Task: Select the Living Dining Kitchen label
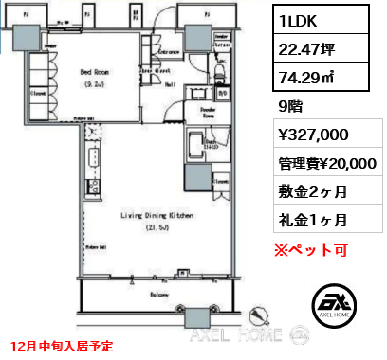click(x=144, y=216)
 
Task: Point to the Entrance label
click(x=172, y=51)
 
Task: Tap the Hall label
click(x=168, y=83)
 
